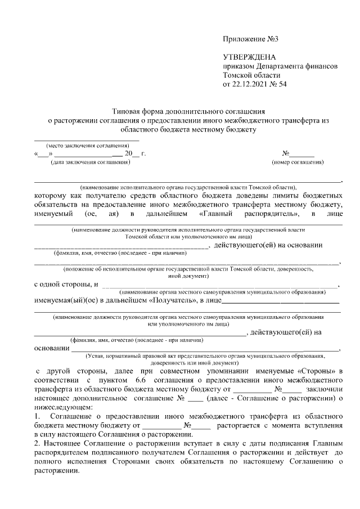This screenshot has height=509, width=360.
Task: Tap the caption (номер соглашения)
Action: point(297,163)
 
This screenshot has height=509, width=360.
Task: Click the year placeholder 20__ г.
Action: point(135,153)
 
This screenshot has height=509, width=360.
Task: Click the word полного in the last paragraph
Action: point(48,461)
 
